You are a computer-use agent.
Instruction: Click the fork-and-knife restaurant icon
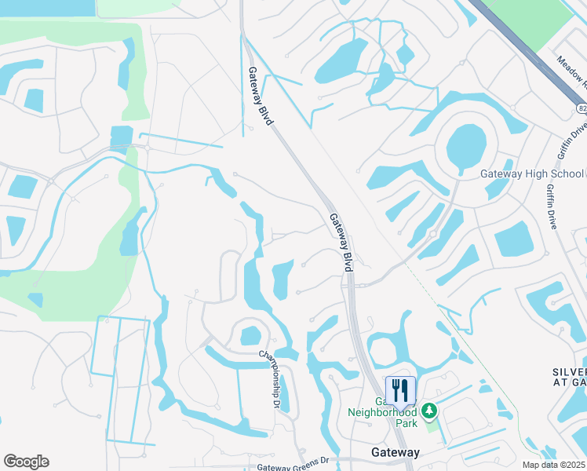pos(400,391)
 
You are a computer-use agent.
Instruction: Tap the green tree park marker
pos(428,410)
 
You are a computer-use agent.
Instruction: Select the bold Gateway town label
pos(395,453)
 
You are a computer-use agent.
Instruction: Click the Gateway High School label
pos(531,174)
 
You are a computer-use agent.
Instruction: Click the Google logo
pos(26,462)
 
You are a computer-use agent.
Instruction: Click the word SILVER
pos(569,372)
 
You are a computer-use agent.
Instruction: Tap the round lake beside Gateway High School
pos(466,145)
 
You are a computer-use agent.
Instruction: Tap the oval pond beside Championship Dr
pos(249,335)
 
